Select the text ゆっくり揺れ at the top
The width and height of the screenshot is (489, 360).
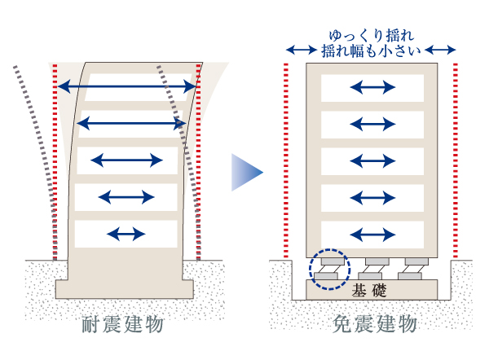coord(372,37)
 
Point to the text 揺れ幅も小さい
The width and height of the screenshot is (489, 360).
coord(372,52)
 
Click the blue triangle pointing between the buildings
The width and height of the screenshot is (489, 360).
coord(247,172)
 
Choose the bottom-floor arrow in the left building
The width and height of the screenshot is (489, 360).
coord(126,234)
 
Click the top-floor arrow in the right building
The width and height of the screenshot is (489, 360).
coord(372,87)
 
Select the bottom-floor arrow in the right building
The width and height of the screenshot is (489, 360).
coord(372,235)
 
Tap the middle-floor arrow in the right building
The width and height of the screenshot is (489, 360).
coord(372,160)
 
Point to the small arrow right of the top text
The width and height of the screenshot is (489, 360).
coord(441,51)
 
